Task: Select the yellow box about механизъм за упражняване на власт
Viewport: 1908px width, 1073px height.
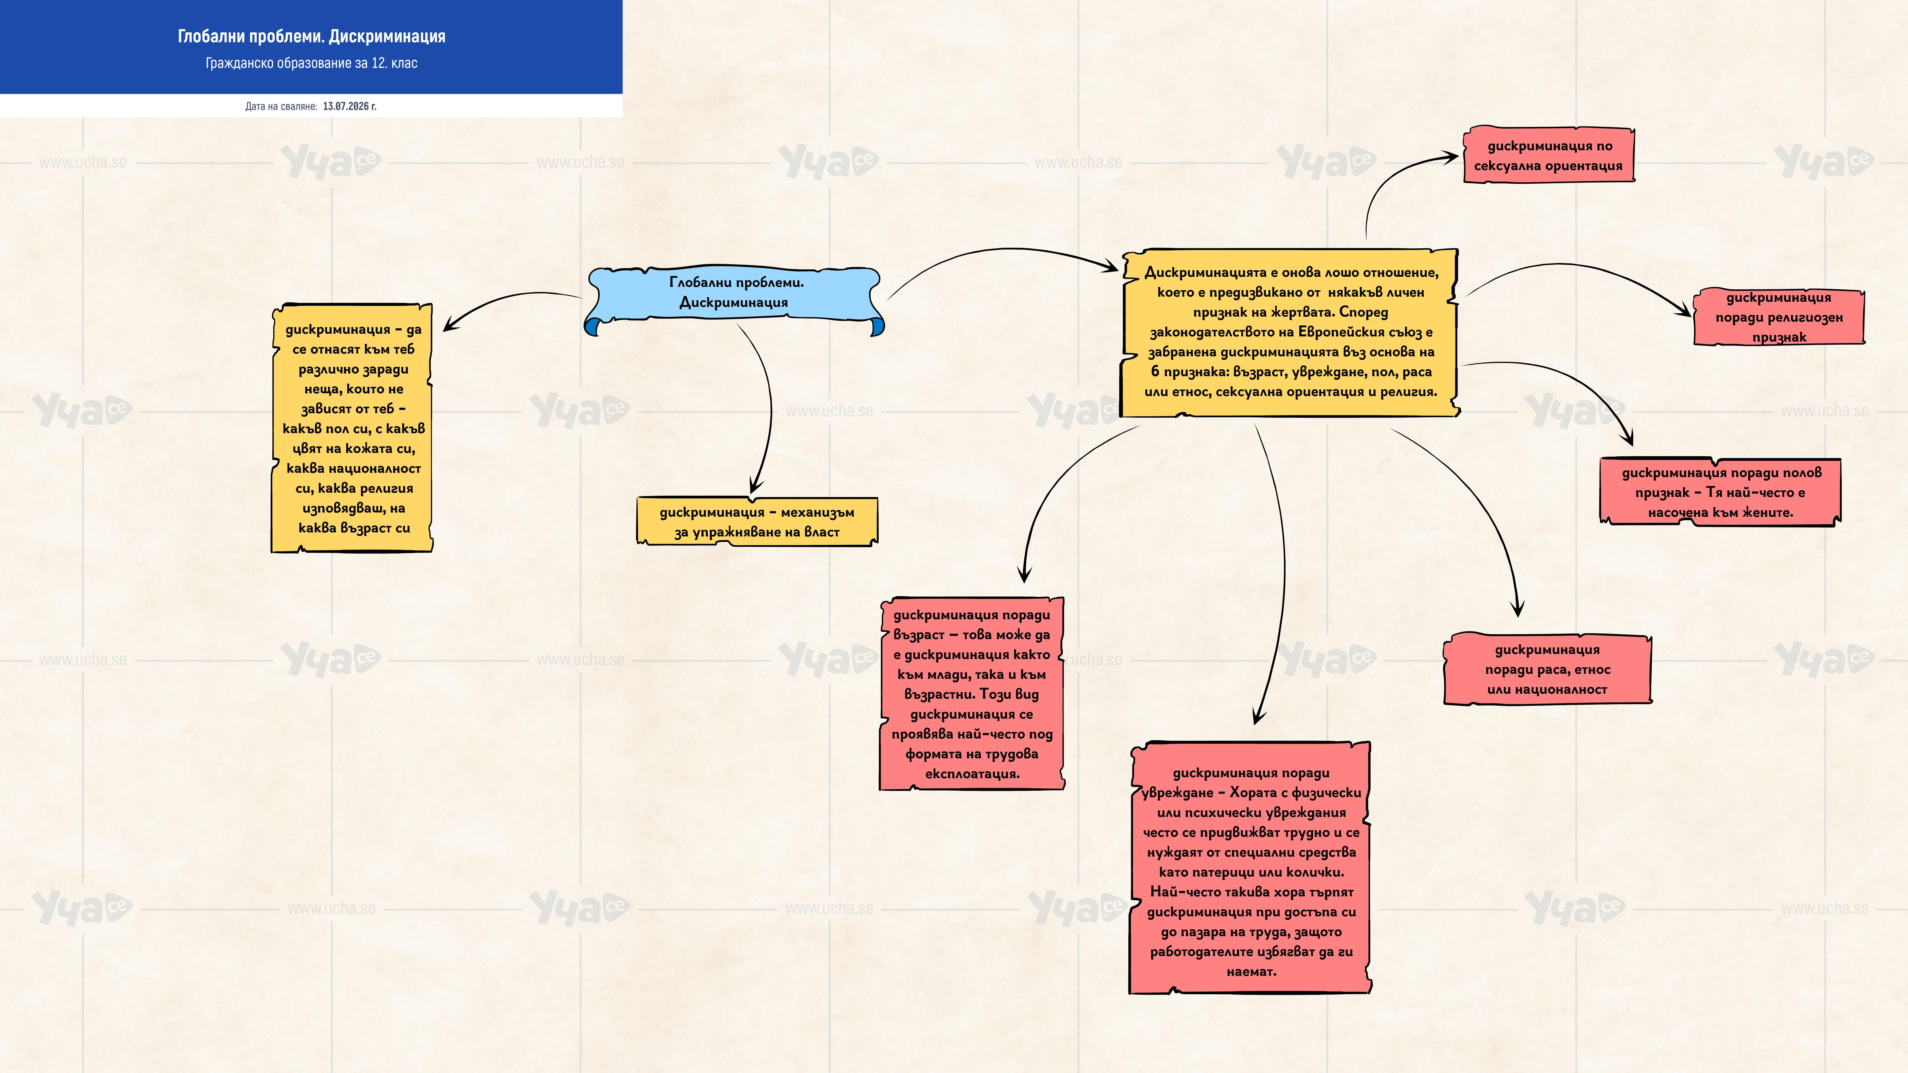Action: [x=757, y=521]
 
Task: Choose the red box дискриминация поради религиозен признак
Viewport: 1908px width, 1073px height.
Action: [x=1778, y=317]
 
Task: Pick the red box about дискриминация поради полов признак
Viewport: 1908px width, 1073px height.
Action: [x=1720, y=492]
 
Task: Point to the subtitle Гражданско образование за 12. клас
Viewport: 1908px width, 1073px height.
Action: [x=311, y=63]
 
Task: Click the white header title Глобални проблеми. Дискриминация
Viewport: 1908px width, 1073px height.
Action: [x=311, y=36]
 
